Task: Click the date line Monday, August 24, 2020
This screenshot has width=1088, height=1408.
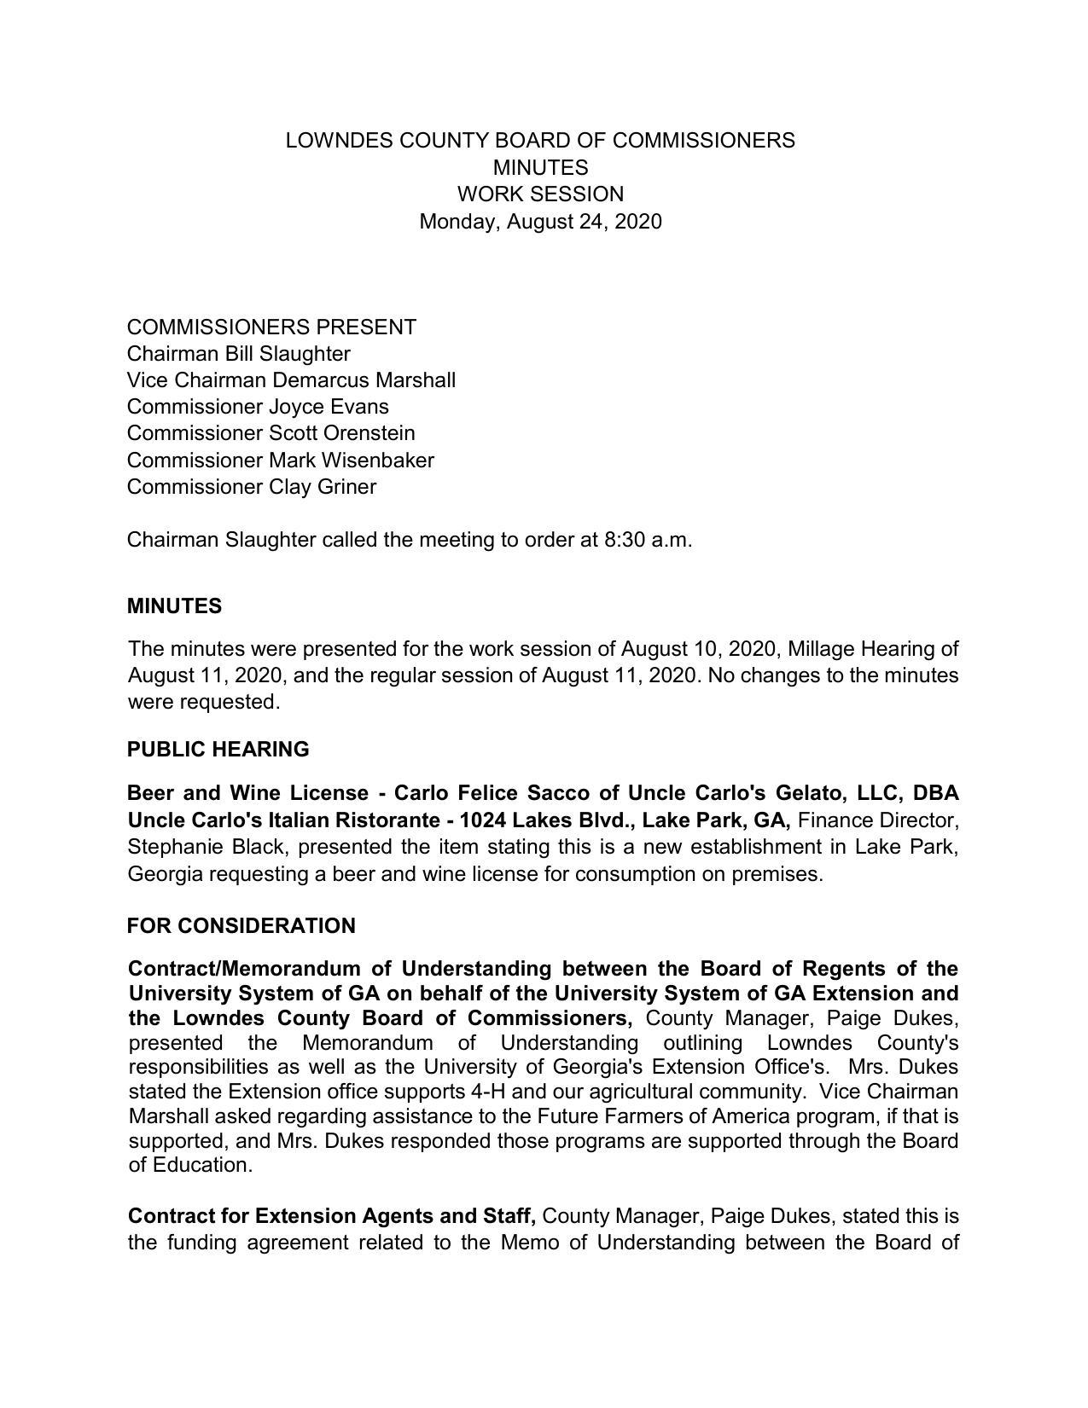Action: pos(540,222)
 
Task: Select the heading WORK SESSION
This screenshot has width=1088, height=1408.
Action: pos(540,194)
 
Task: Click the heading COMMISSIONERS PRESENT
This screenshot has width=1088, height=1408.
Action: pos(271,327)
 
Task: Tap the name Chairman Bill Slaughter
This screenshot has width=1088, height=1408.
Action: pos(238,354)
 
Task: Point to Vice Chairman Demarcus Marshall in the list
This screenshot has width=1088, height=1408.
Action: pos(291,380)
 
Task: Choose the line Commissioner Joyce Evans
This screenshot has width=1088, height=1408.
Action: pos(258,407)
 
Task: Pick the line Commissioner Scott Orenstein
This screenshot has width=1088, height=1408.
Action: pos(271,433)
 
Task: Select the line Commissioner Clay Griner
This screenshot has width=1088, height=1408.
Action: pos(252,487)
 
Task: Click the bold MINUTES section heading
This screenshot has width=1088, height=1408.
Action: pos(174,606)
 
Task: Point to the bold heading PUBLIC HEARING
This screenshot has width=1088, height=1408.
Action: pos(218,750)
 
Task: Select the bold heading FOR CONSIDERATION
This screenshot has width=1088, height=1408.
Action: pos(241,926)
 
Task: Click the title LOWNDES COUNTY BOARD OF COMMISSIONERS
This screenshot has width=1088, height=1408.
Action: pos(540,141)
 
